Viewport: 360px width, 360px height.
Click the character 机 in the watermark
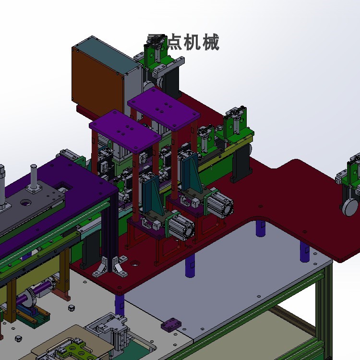tap(191, 42)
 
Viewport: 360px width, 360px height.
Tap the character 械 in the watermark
tap(210, 42)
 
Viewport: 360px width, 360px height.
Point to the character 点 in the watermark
tap(172, 42)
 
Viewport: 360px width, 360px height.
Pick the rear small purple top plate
tap(163, 111)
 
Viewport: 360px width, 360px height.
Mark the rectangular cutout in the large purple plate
tap(63, 185)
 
